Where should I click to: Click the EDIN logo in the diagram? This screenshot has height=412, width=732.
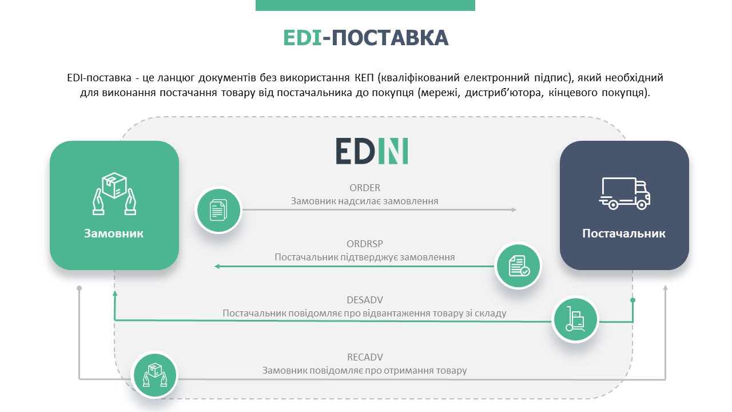372,150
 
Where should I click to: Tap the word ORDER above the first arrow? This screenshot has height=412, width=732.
365,188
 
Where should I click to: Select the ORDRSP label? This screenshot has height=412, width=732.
365,244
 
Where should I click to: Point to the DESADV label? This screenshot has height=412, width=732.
365,300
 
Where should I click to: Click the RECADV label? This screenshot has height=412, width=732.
365,357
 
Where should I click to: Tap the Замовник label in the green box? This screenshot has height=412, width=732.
114,233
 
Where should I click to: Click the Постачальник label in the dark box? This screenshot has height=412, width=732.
624,233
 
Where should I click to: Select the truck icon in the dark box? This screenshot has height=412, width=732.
624,193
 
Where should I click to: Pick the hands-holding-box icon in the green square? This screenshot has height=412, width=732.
114,193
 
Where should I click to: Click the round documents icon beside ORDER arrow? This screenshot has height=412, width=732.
218,210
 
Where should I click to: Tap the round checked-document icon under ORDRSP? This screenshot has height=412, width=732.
518,266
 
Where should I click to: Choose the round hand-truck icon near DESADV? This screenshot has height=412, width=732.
575,319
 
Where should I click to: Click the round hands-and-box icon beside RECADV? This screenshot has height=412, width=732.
154,375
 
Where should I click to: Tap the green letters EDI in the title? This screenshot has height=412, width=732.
303,38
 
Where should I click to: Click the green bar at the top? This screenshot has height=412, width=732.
365,5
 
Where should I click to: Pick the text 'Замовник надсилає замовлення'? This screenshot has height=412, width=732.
365,201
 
